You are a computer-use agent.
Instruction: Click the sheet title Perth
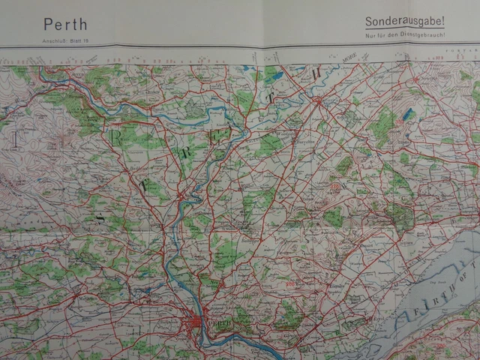pyautogui.click(x=65, y=25)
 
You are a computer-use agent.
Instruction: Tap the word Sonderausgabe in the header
pyautogui.click(x=403, y=22)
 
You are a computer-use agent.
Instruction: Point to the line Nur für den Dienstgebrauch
pyautogui.click(x=405, y=35)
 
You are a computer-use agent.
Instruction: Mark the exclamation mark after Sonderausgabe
pyautogui.click(x=442, y=22)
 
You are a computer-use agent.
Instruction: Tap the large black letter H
pyautogui.click(x=316, y=73)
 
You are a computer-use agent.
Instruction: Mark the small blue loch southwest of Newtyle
pyautogui.click(x=407, y=115)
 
